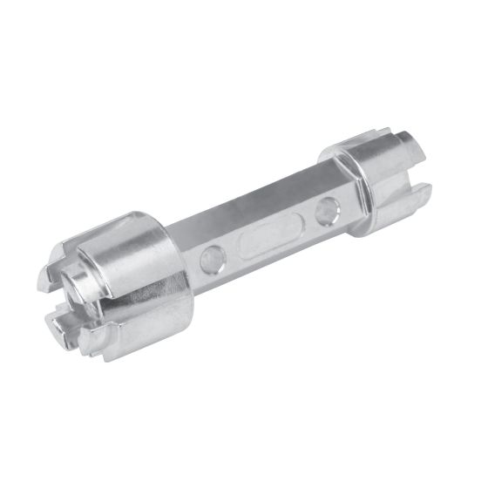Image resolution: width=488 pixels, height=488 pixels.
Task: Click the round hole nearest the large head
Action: point(209,256)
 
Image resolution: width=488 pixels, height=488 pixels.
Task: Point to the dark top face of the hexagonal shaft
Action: point(253,196)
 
